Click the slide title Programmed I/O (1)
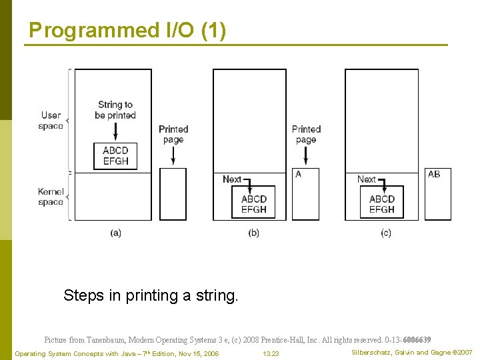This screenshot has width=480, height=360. click(127, 31)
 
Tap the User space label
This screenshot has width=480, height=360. click(51, 121)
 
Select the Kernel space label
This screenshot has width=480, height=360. click(51, 197)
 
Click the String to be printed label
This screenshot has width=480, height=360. click(115, 110)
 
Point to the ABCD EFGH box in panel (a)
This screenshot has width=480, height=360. click(115, 156)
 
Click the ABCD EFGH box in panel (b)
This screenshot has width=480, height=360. click(253, 204)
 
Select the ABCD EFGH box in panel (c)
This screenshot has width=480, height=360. click(382, 204)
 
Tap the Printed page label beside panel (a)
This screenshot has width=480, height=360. click(173, 134)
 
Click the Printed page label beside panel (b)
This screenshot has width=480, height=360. click(306, 134)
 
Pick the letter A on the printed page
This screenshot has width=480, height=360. click(298, 175)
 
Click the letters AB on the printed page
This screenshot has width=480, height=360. click(434, 175)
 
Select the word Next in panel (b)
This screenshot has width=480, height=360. click(231, 179)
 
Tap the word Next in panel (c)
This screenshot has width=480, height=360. click(366, 179)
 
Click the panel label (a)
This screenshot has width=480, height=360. click(116, 233)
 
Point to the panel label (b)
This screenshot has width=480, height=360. click(253, 233)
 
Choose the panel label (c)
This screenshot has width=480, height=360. click(386, 233)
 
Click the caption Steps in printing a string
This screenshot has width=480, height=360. click(151, 295)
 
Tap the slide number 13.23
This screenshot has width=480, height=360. click(271, 353)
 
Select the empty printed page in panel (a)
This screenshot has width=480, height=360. click(173, 194)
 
